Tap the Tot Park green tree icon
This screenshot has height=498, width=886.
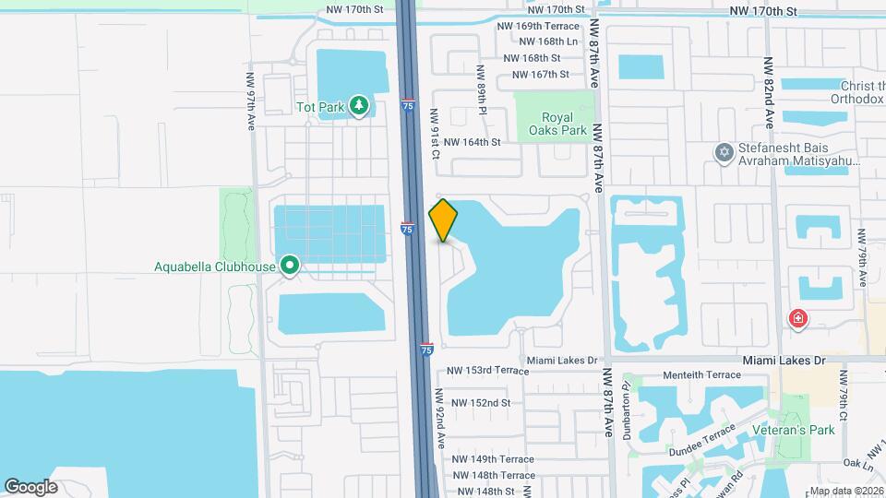pyautogui.click(x=359, y=107)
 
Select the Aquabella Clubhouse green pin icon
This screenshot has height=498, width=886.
pyautogui.click(x=290, y=267)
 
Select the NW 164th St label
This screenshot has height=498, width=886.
pyautogui.click(x=472, y=142)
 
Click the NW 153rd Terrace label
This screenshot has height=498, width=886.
pyautogui.click(x=487, y=370)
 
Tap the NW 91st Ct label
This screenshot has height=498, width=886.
pyautogui.click(x=432, y=135)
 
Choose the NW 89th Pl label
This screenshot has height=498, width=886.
pyautogui.click(x=481, y=89)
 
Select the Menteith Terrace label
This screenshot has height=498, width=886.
pyautogui.click(x=702, y=374)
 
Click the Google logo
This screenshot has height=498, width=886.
pyautogui.click(x=30, y=487)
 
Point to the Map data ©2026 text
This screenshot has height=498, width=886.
pyautogui.click(x=846, y=491)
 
